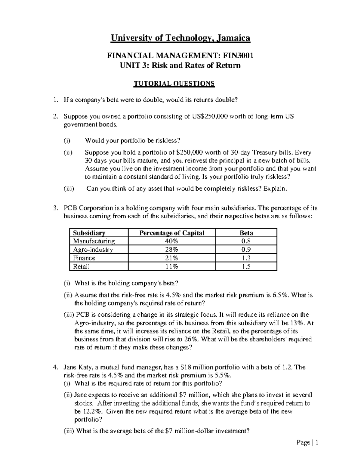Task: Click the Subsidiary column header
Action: pos(89,233)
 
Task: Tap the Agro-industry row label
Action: pos(93,250)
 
